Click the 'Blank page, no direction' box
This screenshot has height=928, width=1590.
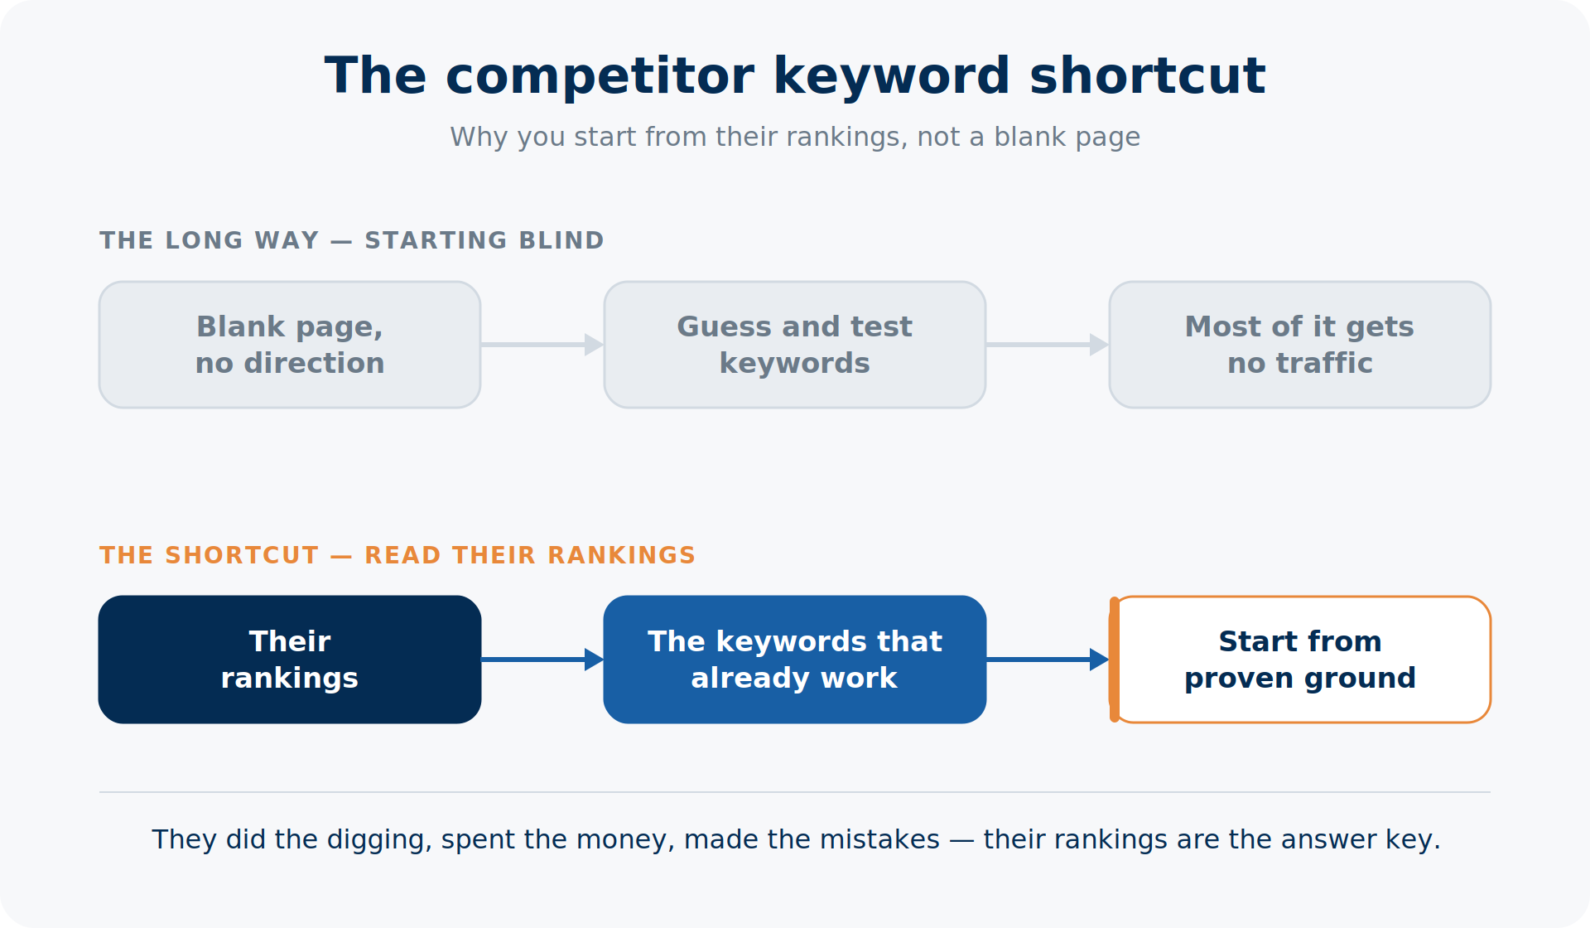tap(290, 345)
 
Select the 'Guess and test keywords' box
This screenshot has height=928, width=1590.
tap(795, 345)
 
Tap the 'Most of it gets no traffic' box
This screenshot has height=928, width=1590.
tap(1300, 345)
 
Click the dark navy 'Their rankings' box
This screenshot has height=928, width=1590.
tap(290, 660)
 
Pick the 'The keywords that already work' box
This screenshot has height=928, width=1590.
tap(795, 660)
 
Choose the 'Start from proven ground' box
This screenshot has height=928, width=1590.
tap(1300, 660)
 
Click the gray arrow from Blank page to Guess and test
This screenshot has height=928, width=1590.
tap(542, 345)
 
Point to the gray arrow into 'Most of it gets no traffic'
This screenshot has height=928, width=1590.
tap(1048, 345)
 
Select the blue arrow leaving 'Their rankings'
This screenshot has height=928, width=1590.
tap(542, 660)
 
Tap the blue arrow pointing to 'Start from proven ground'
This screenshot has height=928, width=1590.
tap(1048, 660)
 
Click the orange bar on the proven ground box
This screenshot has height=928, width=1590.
tap(1115, 660)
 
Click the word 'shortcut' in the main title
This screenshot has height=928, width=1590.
tap(1148, 76)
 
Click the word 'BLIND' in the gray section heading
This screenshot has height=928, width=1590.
tap(561, 240)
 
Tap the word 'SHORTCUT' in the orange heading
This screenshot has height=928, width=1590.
tap(242, 555)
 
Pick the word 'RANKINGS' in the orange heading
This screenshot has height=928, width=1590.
tap(622, 555)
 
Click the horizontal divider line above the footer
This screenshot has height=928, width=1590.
tap(795, 792)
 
